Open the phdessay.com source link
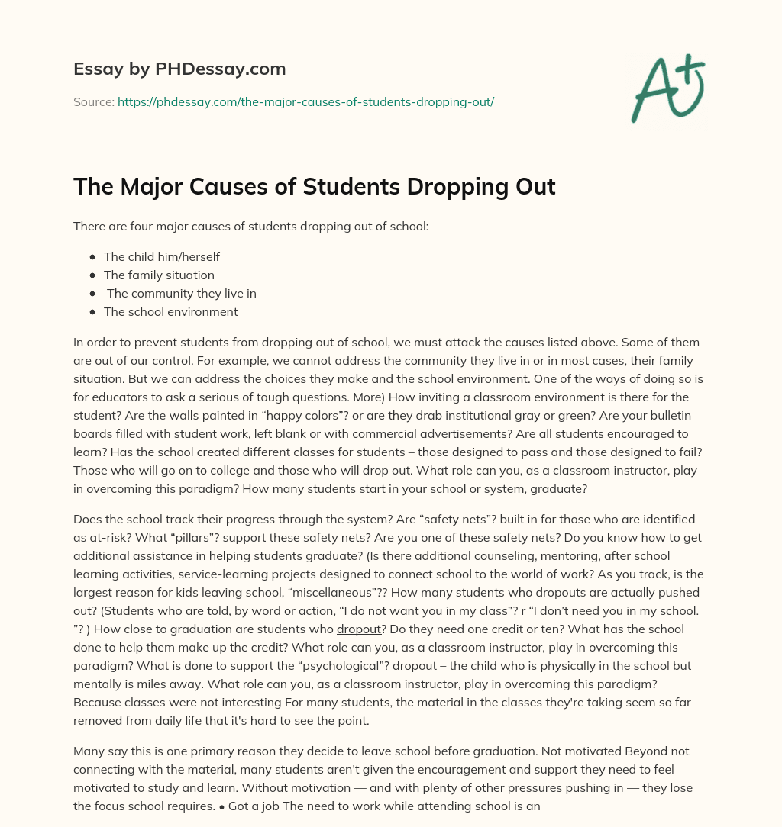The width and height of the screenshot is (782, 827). (305, 101)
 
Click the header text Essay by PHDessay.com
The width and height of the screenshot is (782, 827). (179, 69)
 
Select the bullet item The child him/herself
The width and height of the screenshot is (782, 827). (162, 257)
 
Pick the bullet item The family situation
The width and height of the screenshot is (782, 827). (159, 275)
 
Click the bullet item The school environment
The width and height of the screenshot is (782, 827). (170, 312)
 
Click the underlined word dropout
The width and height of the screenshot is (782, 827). (358, 629)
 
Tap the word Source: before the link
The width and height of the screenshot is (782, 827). (93, 101)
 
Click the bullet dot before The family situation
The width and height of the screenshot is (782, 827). (92, 275)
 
